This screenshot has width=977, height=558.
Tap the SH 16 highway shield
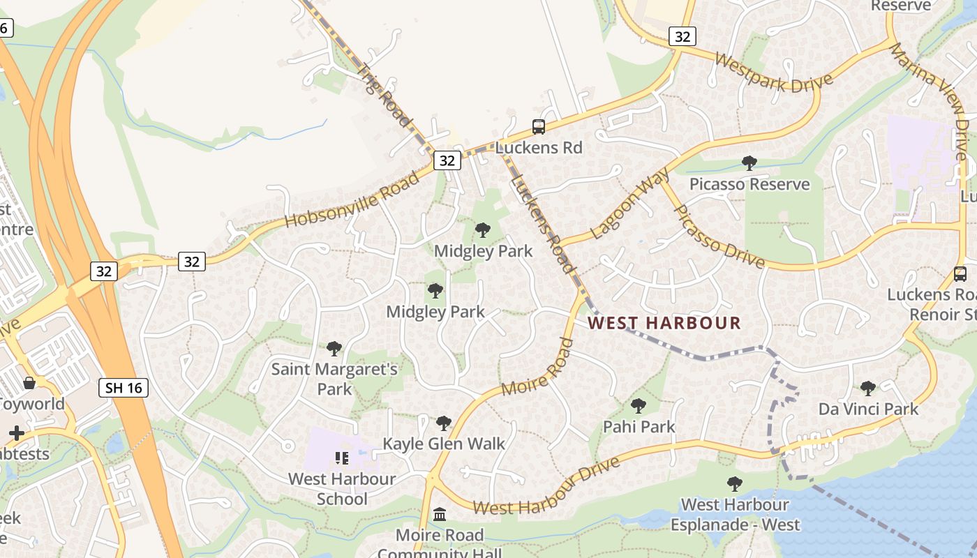(124, 388)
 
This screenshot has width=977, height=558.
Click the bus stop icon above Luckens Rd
(539, 127)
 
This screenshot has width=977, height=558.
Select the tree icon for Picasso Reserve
(749, 163)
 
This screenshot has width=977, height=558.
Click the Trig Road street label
(385, 96)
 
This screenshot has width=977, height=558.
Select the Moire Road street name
(537, 370)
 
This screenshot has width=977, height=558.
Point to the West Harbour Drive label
(546, 488)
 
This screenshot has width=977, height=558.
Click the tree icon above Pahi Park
(638, 406)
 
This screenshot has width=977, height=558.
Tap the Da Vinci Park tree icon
(868, 389)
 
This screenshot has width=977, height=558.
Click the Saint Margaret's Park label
(334, 378)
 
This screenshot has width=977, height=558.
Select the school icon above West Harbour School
(341, 458)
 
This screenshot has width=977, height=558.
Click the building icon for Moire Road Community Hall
(440, 515)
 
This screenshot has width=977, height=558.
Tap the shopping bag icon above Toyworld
(29, 383)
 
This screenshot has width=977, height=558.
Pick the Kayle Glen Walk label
(444, 444)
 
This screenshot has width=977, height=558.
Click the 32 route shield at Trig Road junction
(447, 160)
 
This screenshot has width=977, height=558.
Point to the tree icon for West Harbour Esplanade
(734, 483)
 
